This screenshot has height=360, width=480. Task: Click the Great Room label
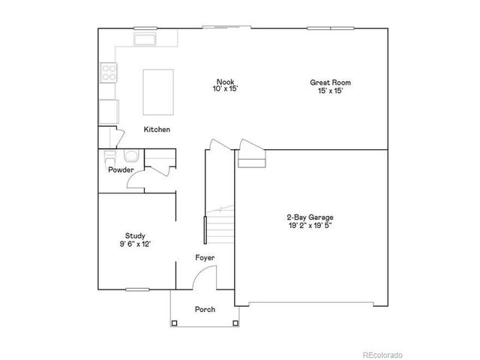(x=330, y=82)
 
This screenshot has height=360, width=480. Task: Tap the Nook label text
(x=225, y=82)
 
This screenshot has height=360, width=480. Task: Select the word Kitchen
(x=157, y=130)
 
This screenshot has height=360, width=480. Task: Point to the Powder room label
(x=121, y=169)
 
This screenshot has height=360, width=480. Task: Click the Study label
(x=135, y=235)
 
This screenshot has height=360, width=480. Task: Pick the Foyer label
(x=205, y=257)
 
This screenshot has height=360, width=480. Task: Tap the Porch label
(x=205, y=309)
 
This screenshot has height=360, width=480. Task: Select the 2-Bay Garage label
(x=310, y=217)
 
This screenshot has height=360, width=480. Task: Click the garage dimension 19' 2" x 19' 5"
(x=310, y=225)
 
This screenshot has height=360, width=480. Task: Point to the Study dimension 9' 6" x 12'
(x=135, y=244)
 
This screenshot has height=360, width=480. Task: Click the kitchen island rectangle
(x=159, y=91)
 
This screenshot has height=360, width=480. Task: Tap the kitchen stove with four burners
(x=109, y=73)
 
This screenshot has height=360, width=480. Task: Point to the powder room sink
(x=132, y=156)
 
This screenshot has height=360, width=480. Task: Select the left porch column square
(x=175, y=323)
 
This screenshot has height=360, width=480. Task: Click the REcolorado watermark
(x=382, y=354)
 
